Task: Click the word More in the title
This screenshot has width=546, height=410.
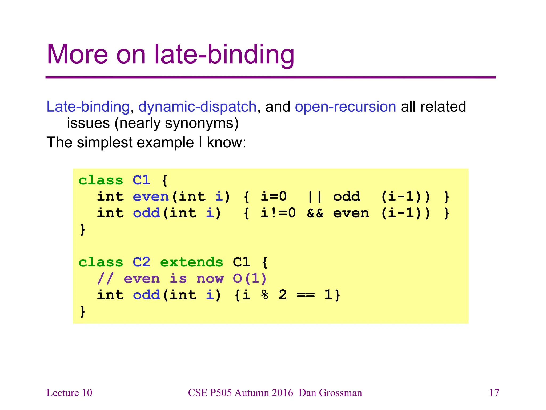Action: (x=77, y=54)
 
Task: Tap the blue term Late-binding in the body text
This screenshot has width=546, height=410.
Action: (x=88, y=107)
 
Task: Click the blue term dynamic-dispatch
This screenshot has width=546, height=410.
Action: (x=197, y=107)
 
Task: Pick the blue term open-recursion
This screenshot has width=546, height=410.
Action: (x=345, y=107)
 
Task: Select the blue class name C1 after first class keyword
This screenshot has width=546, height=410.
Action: (x=141, y=180)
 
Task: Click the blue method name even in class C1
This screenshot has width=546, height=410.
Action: (x=151, y=197)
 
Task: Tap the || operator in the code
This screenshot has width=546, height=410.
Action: (x=315, y=197)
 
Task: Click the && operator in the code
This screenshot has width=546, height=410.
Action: (x=315, y=213)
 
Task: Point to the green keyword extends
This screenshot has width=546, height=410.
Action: (x=191, y=262)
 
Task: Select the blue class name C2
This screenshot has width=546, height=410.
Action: (x=141, y=262)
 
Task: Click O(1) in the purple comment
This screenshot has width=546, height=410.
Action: (x=250, y=279)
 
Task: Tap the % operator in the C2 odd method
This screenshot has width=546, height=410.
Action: (x=265, y=295)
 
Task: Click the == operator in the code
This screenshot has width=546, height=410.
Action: (x=306, y=295)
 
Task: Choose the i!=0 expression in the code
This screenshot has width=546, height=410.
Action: (x=278, y=213)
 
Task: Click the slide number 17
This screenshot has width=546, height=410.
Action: (x=494, y=393)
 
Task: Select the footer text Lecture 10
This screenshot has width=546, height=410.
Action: (x=69, y=393)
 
